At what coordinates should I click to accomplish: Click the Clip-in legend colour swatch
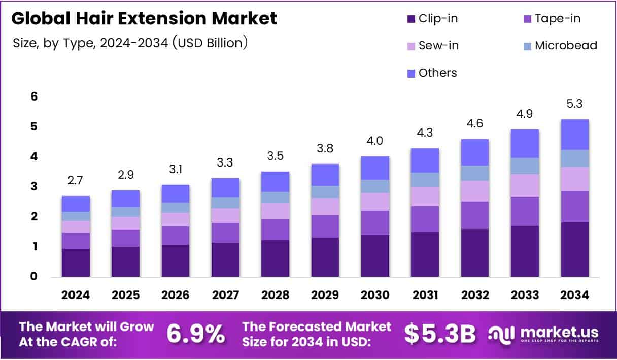coord(410,19)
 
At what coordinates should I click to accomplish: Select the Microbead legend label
coord(566,45)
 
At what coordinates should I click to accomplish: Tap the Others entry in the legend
coord(437,73)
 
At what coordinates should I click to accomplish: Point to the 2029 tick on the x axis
coord(325,295)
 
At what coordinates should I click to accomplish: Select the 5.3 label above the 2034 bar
coord(575,104)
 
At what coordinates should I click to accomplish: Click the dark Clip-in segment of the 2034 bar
coord(575,249)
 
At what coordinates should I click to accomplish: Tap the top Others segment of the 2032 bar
coord(475,152)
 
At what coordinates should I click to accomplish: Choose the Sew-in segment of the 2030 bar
coord(375,202)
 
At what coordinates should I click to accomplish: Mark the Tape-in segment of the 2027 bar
coord(225,233)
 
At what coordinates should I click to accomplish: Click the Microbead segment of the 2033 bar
coord(525,166)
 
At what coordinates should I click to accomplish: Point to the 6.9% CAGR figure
coord(196,334)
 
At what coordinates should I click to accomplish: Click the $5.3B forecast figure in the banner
coord(439,334)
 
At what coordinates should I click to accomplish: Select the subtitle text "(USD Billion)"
coord(210,43)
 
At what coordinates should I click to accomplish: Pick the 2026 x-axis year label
coord(176,295)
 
